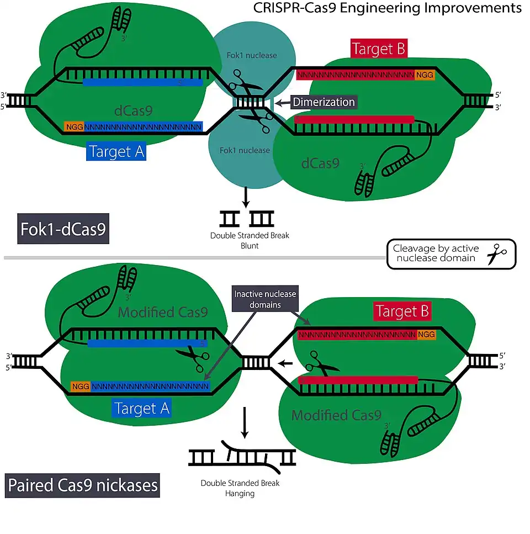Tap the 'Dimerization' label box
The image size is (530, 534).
(x=324, y=102)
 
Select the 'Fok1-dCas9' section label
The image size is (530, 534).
(x=63, y=229)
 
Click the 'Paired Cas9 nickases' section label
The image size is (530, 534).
(x=83, y=485)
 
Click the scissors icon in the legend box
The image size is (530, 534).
(x=497, y=254)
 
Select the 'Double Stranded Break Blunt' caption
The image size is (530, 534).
(x=250, y=240)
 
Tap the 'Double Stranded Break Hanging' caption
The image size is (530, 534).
(x=240, y=488)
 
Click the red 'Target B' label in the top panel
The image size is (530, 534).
(x=379, y=49)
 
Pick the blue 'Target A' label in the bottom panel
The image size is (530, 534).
(x=142, y=408)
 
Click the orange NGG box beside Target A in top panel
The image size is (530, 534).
(x=73, y=127)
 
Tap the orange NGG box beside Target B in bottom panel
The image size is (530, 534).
(x=426, y=334)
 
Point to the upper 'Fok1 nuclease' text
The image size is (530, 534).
(x=252, y=55)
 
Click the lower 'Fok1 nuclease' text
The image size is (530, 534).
(x=244, y=150)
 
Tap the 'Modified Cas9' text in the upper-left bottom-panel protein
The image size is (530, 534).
(x=163, y=312)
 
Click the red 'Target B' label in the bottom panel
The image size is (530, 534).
(x=401, y=311)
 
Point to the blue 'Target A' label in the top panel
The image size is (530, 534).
(x=116, y=152)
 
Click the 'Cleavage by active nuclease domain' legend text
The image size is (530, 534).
(x=436, y=254)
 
